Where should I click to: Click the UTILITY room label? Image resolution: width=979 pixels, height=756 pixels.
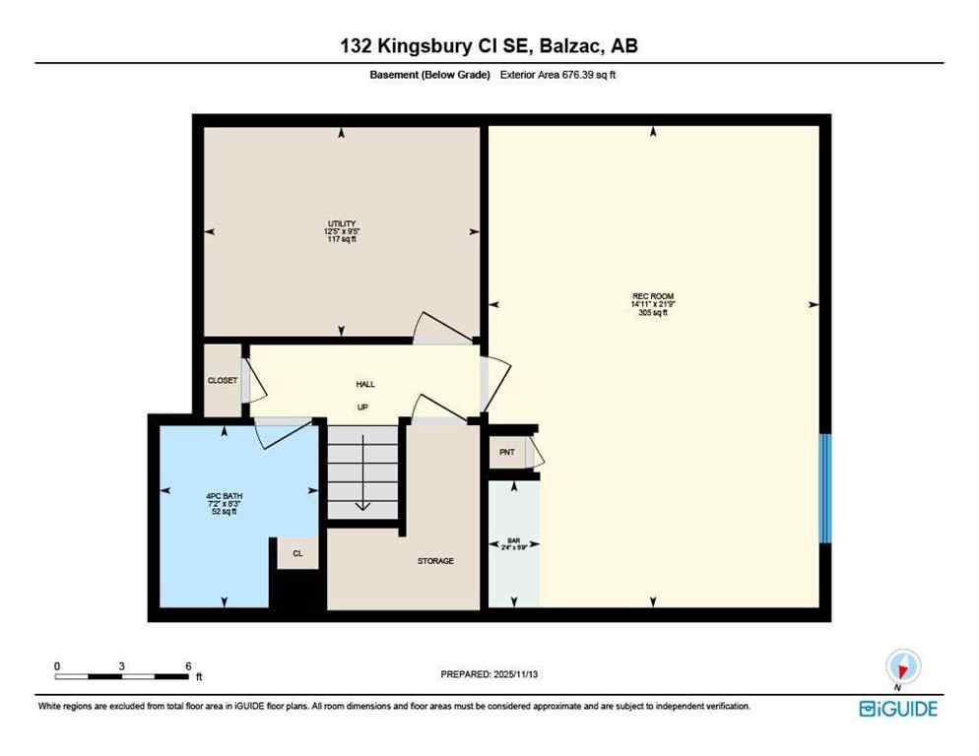click(x=342, y=224)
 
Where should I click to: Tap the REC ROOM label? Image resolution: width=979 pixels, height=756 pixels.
click(x=653, y=296)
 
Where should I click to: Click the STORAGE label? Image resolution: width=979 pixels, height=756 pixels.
click(x=435, y=561)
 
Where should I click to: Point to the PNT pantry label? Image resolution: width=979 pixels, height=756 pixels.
click(x=507, y=452)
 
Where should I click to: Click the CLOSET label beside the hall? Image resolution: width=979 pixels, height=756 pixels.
click(x=222, y=380)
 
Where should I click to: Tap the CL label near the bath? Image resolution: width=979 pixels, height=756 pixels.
click(x=297, y=554)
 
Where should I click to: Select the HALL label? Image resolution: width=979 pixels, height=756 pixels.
click(x=365, y=384)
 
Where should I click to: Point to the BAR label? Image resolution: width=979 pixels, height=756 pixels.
click(x=512, y=539)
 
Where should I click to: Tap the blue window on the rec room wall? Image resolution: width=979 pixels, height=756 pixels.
click(x=825, y=488)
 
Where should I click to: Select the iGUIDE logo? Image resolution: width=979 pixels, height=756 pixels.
click(x=897, y=708)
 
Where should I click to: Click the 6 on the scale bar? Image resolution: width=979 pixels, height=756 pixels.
click(x=188, y=665)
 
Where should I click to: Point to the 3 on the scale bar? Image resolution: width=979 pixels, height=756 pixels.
click(x=121, y=665)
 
